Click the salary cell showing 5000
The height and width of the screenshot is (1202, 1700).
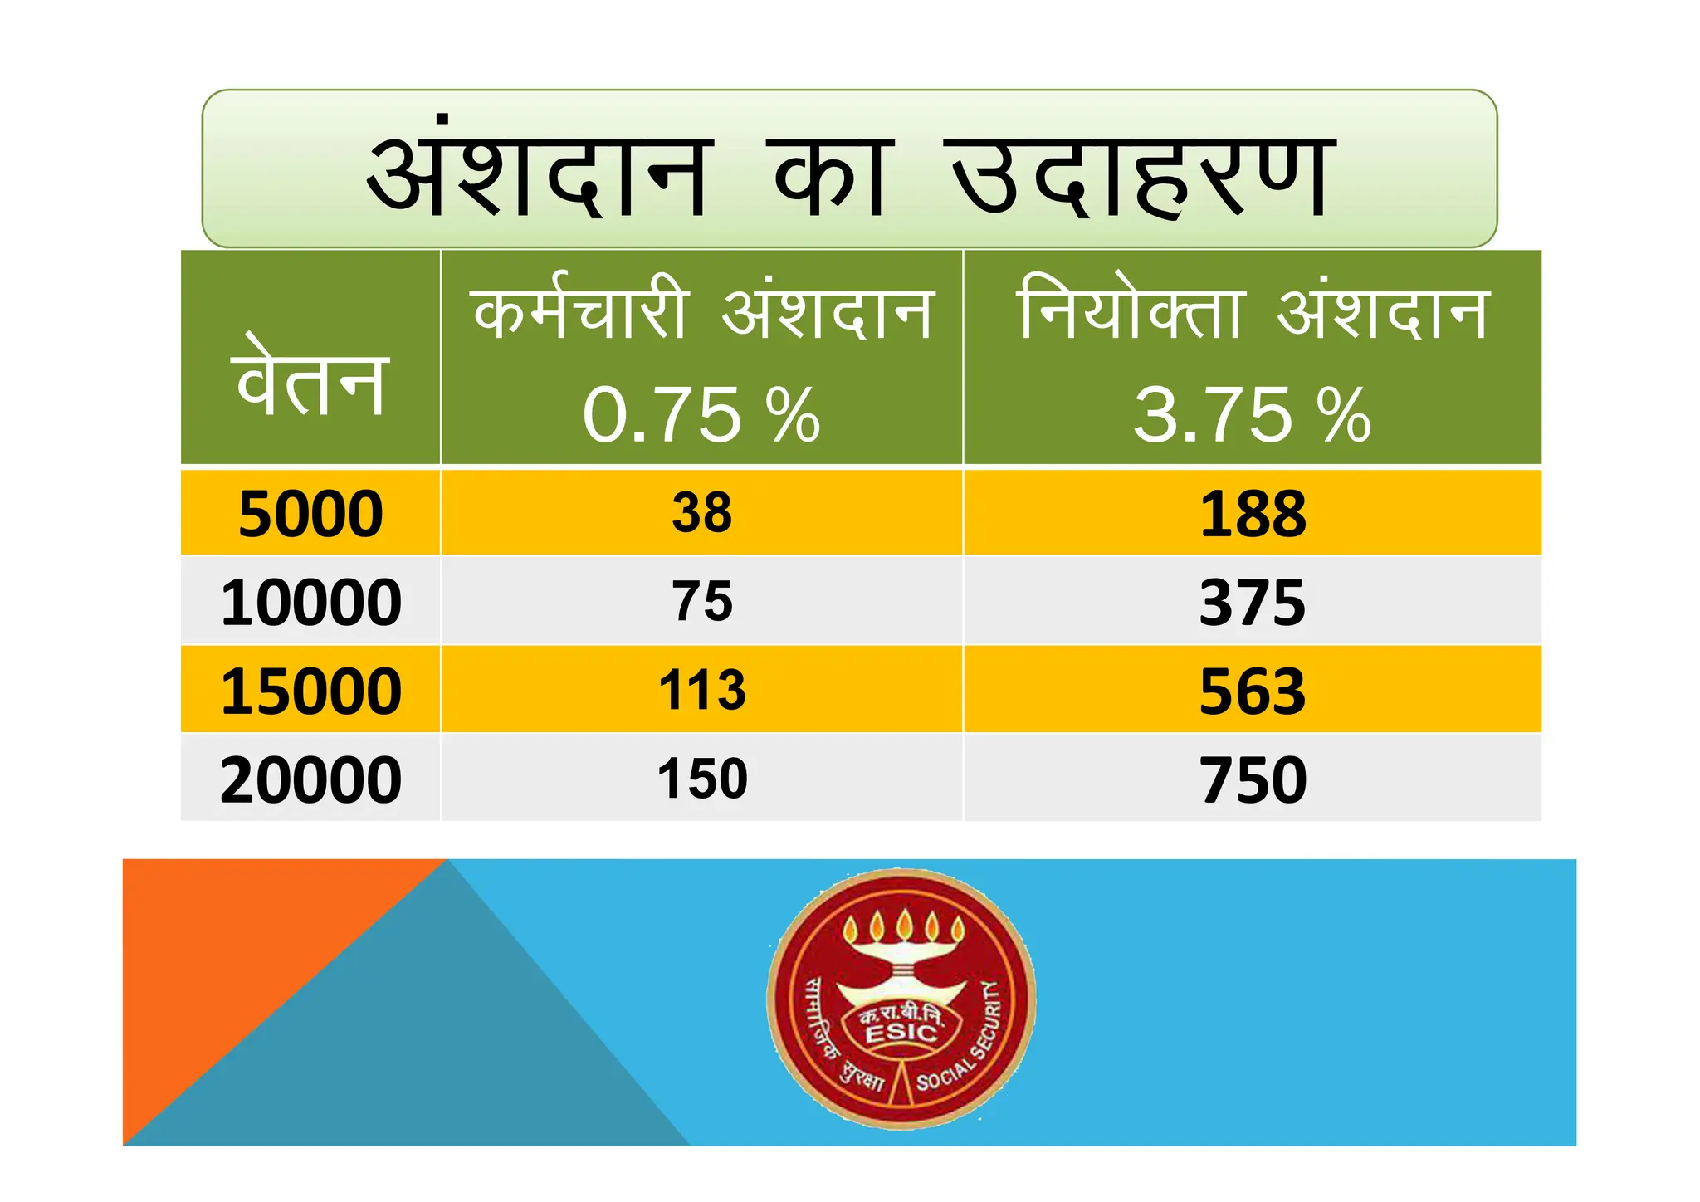click(x=310, y=514)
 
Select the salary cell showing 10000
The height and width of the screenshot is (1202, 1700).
click(x=310, y=603)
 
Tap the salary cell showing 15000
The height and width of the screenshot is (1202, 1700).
click(x=310, y=691)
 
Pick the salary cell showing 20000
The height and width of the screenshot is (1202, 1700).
click(x=310, y=780)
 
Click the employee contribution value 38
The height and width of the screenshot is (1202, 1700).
click(x=702, y=513)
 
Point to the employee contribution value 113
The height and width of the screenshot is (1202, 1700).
click(x=702, y=691)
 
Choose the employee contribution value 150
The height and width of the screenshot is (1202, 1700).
click(x=702, y=779)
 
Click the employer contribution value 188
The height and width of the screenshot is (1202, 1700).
click(x=1253, y=514)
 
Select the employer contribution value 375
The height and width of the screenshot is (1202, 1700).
click(x=1253, y=603)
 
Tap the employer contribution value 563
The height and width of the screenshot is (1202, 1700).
click(x=1253, y=691)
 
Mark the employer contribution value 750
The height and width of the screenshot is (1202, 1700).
click(x=1253, y=780)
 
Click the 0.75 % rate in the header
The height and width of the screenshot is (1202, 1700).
click(x=701, y=415)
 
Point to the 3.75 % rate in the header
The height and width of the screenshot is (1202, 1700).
click(x=1252, y=415)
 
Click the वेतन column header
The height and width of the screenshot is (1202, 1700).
click(x=310, y=378)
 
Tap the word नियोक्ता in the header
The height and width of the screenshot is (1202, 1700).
click(x=1131, y=311)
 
